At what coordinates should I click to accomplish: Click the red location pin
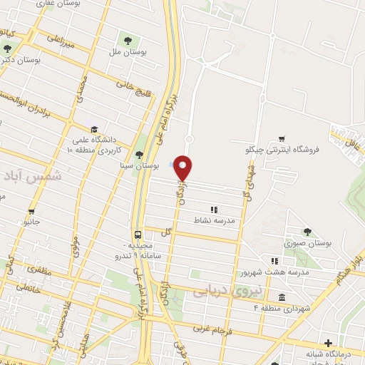tap(183, 168)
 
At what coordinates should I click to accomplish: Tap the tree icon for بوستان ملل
tap(128, 40)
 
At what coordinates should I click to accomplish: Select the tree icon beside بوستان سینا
tap(140, 155)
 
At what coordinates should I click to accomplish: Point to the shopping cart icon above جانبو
tap(31, 211)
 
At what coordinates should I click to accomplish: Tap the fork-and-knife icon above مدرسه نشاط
tap(213, 209)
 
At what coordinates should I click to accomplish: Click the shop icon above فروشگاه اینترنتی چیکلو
tap(282, 139)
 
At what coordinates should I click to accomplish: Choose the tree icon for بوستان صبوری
tap(307, 231)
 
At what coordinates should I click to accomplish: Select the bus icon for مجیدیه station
tap(136, 234)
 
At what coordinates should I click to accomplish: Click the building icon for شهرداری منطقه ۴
tap(282, 297)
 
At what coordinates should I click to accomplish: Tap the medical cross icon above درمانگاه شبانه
tap(328, 343)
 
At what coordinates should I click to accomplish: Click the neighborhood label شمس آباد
tap(33, 175)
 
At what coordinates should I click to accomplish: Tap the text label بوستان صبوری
tap(308, 244)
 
